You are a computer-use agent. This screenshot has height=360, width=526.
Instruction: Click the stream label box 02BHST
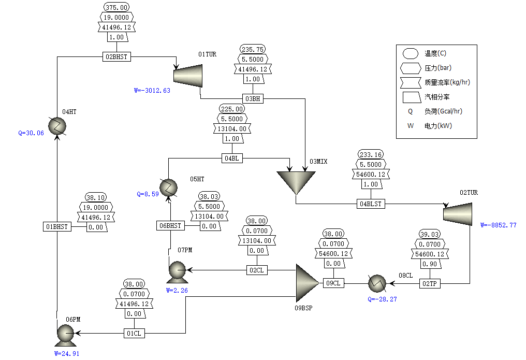coord(116,57)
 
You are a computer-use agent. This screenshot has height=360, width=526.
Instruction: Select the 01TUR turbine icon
coord(187,76)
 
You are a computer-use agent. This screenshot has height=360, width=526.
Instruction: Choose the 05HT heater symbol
coord(169,187)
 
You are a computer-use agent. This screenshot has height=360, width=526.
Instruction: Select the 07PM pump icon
coord(177,270)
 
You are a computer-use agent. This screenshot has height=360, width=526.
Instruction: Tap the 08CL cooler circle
coord(377,283)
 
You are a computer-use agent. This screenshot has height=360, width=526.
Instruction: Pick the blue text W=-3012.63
coord(152,91)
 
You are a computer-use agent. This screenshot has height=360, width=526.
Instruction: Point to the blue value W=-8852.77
coord(498,225)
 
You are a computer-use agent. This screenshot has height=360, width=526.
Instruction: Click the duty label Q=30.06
coord(31,133)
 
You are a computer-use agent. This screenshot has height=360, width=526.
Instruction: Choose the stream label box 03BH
coord(253,98)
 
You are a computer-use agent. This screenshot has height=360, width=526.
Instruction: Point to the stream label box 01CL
coord(134,334)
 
